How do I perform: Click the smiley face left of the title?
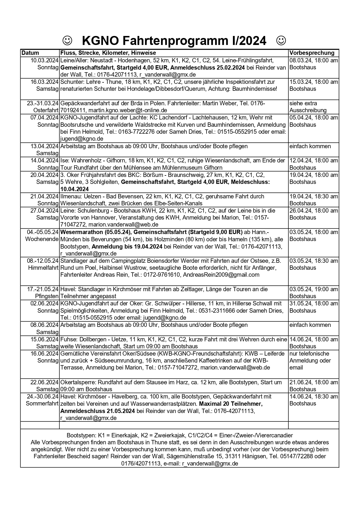(67, 41)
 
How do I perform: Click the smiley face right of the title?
(281, 41)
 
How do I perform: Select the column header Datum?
(30, 53)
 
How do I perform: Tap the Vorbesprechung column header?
(312, 53)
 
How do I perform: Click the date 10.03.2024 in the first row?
(44, 60)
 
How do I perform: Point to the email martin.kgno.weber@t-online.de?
(128, 110)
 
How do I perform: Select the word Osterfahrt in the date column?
(46, 110)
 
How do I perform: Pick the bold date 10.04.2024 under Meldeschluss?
(74, 189)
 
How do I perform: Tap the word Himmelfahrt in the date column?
(43, 268)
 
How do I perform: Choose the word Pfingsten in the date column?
(47, 296)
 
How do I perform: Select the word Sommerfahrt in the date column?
(42, 403)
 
